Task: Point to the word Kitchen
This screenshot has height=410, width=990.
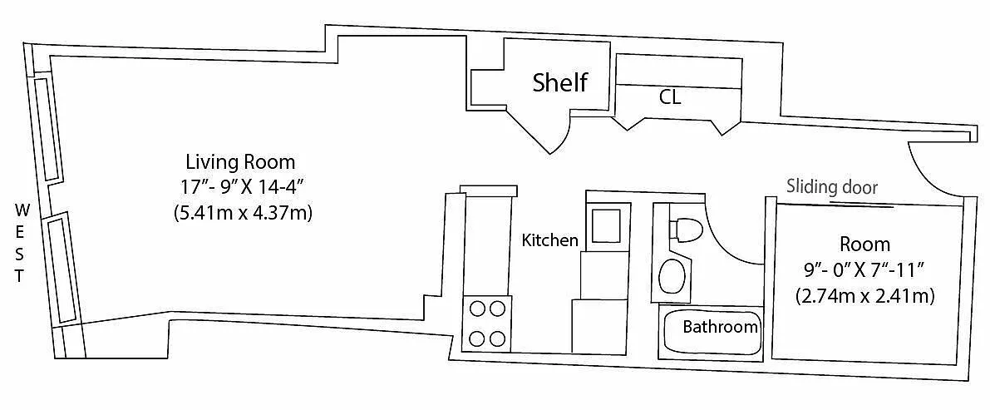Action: click(550, 240)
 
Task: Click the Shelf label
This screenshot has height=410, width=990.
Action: click(560, 82)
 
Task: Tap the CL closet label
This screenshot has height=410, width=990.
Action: click(671, 98)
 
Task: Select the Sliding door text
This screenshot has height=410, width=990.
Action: click(832, 187)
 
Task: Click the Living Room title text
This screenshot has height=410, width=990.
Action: click(240, 161)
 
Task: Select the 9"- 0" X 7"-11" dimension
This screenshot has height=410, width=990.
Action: click(864, 269)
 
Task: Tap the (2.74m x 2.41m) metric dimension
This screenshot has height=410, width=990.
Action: click(865, 296)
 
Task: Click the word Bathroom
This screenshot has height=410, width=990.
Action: click(721, 327)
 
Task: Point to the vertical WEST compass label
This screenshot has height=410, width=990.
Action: click(20, 242)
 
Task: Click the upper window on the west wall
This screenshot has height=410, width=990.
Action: click(47, 129)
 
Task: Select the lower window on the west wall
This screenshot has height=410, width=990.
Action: click(61, 269)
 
